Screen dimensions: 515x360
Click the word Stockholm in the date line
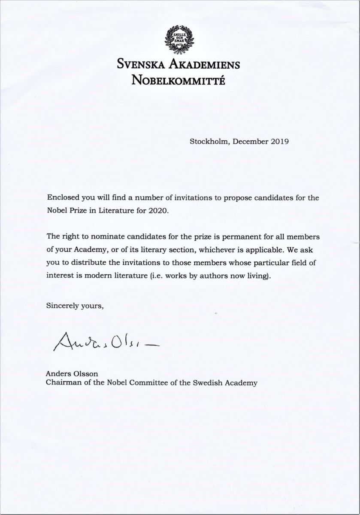(209, 140)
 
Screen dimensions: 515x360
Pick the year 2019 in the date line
(280, 140)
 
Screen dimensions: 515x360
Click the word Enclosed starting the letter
(62, 199)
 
